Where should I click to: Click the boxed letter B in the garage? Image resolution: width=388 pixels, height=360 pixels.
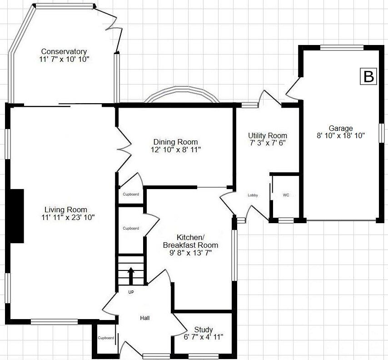tap(368, 77)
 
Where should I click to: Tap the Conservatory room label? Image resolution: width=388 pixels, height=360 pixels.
tap(64, 51)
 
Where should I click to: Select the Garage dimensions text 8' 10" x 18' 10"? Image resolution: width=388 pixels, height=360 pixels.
tap(341, 135)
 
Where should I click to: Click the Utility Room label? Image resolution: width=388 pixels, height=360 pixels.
tap(268, 135)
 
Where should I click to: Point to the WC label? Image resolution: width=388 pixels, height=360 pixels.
tap(286, 195)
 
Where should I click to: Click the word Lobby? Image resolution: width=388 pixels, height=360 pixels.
tap(253, 195)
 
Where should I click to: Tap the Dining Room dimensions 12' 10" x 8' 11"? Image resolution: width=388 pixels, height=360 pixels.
tap(175, 149)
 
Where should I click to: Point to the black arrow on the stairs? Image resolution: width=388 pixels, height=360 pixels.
tap(131, 275)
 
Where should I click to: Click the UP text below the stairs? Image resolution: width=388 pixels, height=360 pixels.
tap(131, 292)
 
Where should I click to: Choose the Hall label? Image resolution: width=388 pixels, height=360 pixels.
tap(144, 318)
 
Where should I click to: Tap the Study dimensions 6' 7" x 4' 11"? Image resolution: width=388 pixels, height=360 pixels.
tap(203, 337)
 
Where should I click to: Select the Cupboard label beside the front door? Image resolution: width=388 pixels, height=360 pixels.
tap(106, 338)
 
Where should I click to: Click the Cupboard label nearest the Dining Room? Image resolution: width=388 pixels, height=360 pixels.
tap(131, 194)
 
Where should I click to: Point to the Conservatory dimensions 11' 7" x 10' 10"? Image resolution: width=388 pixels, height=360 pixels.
tap(64, 59)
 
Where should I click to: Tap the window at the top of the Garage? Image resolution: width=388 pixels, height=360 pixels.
tap(342, 47)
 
